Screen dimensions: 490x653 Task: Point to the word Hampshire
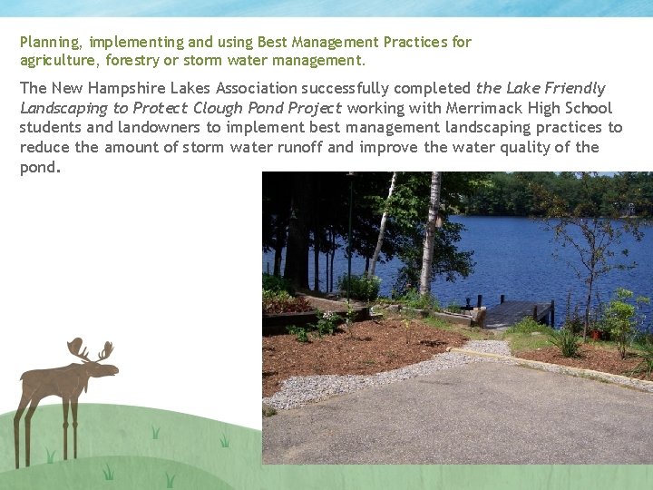[127, 88]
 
